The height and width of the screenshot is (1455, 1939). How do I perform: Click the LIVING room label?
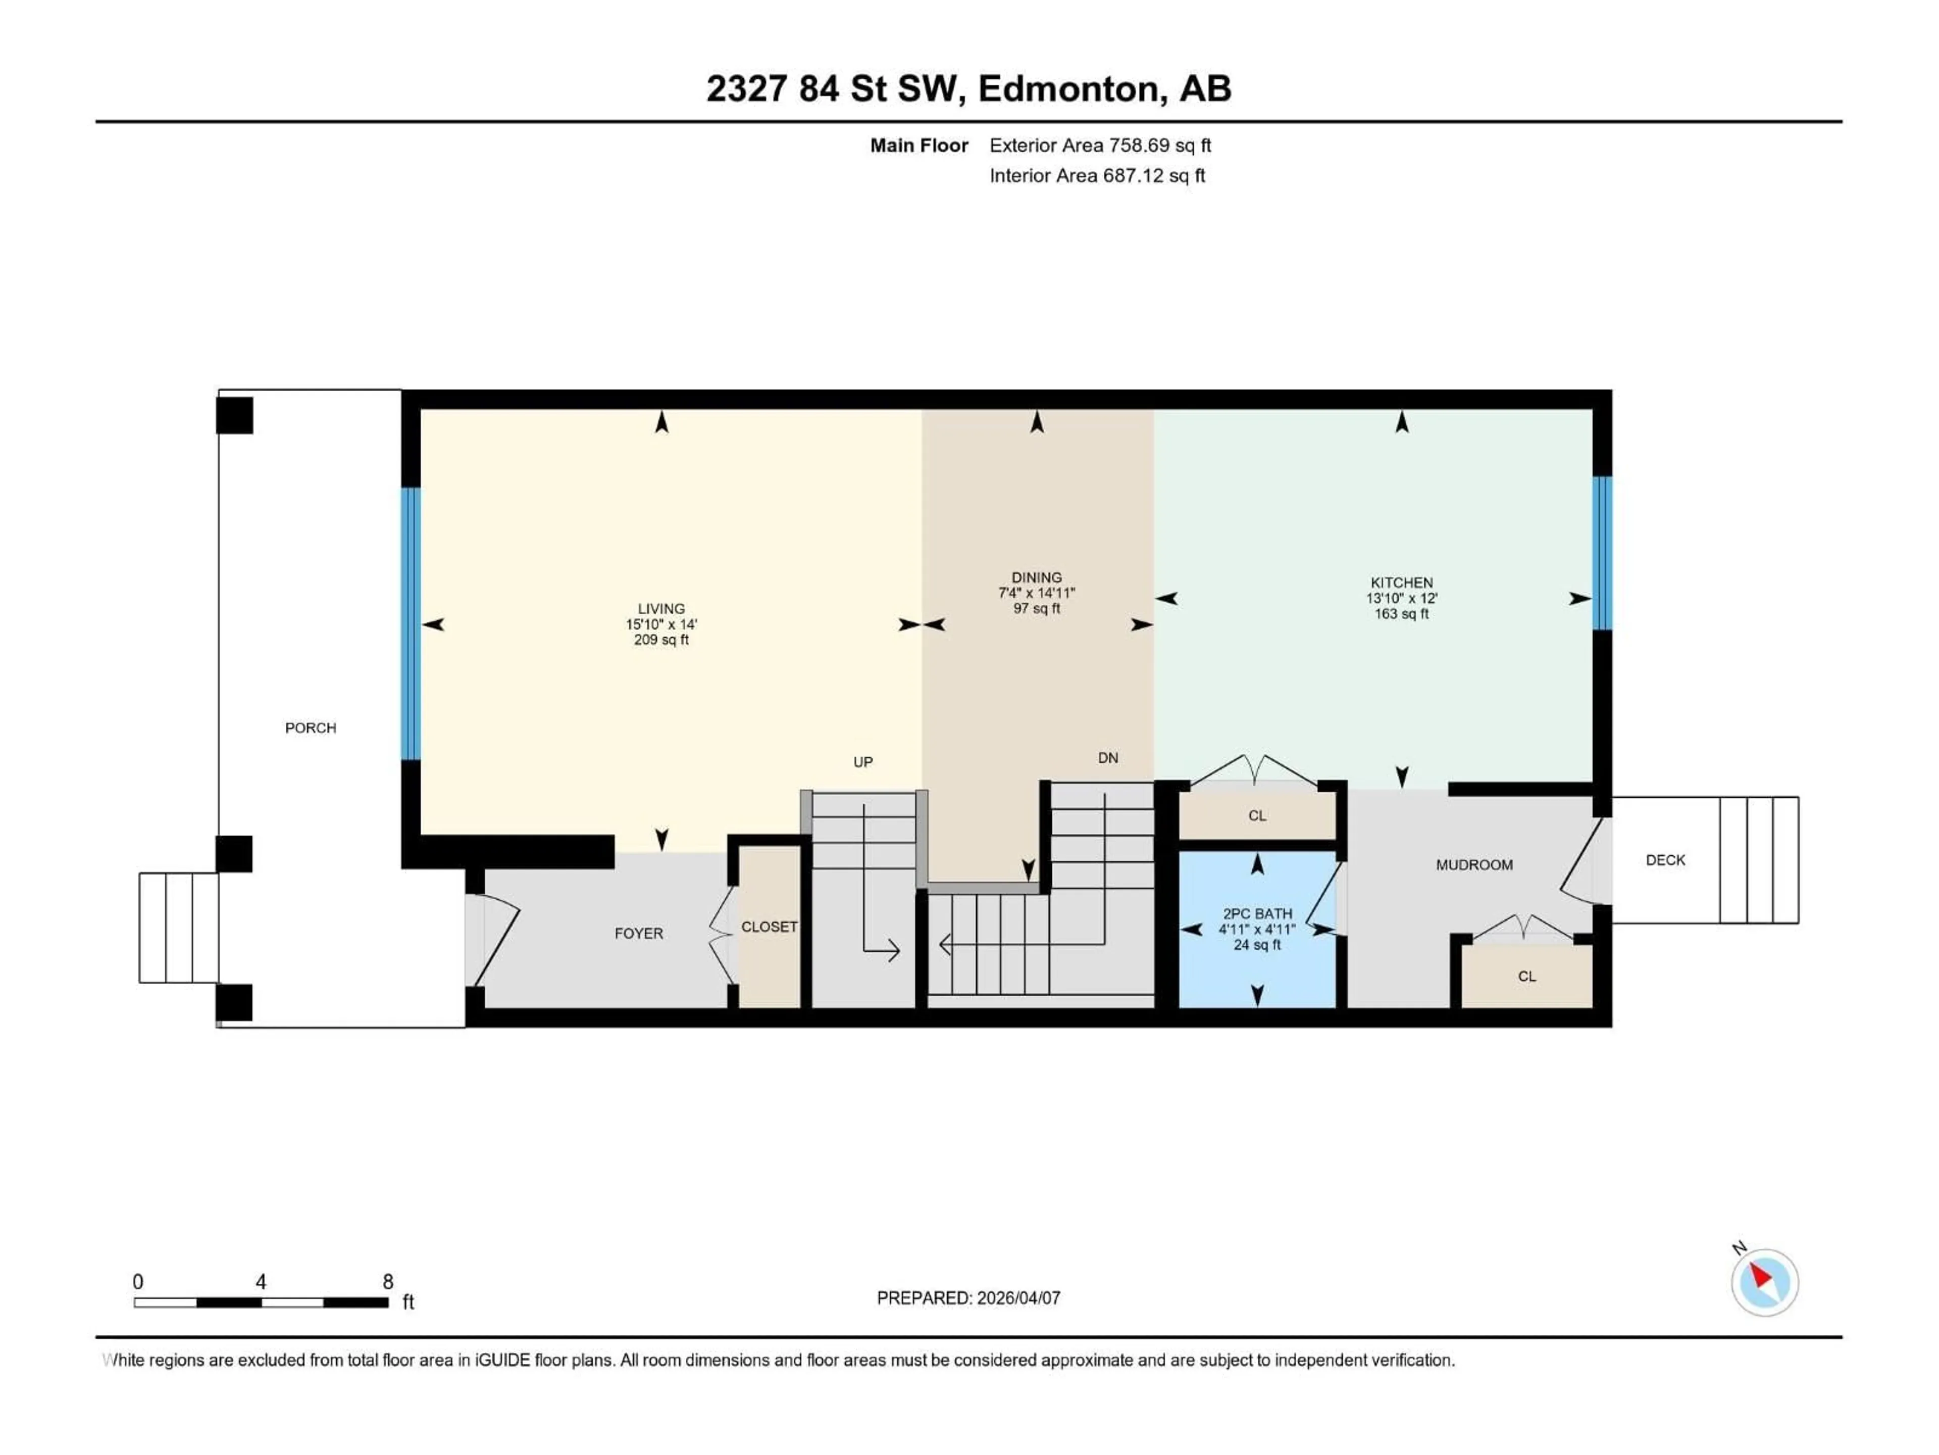661,609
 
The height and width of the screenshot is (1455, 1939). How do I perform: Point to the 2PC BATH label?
1257,914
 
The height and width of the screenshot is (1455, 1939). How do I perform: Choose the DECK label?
1665,860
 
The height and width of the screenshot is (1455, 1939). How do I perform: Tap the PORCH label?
311,728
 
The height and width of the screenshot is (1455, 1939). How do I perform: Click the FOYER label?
638,933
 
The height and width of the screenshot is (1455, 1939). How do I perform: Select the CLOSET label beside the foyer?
769,927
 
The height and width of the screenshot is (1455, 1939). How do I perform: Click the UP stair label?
862,762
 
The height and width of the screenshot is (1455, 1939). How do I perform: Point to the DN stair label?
1107,758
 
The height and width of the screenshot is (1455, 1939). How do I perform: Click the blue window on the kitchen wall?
1602,553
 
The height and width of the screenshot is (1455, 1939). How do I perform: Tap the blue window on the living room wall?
410,623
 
